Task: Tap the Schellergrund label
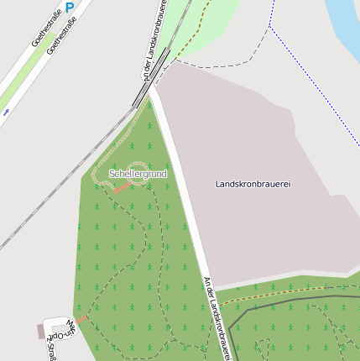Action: (x=138, y=174)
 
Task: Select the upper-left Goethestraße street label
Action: (x=47, y=28)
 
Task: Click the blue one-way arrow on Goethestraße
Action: (x=7, y=111)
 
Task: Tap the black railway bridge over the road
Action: (x=151, y=77)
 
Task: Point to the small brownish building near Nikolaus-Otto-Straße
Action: (x=40, y=331)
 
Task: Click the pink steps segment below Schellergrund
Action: (x=123, y=186)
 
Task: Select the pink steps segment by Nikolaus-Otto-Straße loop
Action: (x=83, y=319)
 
